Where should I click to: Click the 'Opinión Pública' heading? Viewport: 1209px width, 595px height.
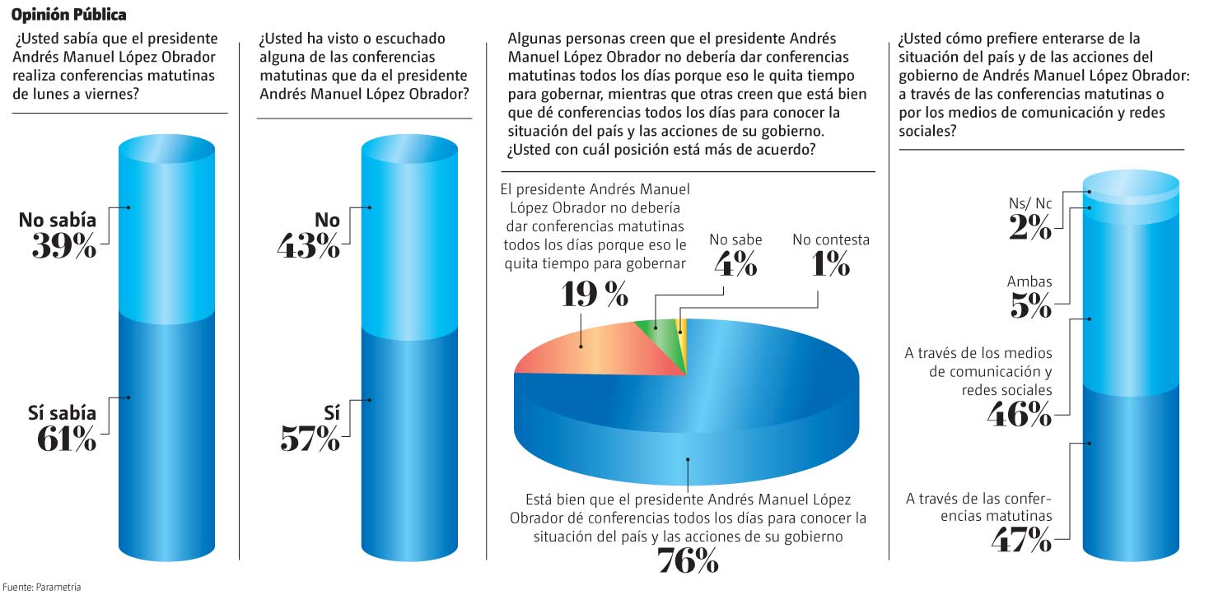click(68, 15)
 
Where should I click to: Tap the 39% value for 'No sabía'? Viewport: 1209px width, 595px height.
click(64, 245)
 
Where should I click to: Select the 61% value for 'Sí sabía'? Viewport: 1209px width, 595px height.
click(67, 439)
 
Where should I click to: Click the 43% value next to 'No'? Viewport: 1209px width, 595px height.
click(309, 245)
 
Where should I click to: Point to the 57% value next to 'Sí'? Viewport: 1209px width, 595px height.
click(310, 439)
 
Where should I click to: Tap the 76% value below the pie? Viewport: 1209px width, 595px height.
click(689, 561)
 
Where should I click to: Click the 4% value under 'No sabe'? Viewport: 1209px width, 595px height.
click(735, 264)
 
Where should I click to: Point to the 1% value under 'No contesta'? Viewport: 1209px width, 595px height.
click(831, 264)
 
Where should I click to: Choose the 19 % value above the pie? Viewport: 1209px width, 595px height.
click(595, 295)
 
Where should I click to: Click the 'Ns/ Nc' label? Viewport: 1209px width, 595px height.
click(1030, 203)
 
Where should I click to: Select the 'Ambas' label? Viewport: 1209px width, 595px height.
click(1029, 281)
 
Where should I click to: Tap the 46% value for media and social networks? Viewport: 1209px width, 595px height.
click(1020, 415)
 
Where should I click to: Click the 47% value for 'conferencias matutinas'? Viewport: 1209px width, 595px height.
click(1022, 539)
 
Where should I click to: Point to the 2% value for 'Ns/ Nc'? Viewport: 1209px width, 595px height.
click(1030, 227)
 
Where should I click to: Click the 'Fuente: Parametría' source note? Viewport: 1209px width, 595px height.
click(41, 587)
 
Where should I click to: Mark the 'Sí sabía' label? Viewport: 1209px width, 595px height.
click(62, 413)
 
